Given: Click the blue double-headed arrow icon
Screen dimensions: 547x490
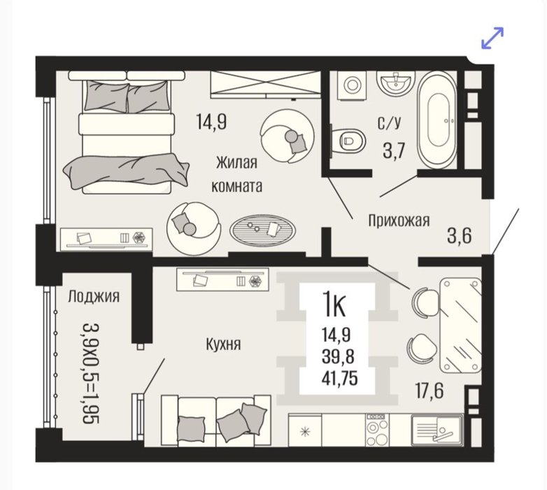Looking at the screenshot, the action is pos(492,38).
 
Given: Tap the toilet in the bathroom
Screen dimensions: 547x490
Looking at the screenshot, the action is pos(348,140).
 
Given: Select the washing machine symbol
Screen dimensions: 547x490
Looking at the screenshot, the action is pos(352,85).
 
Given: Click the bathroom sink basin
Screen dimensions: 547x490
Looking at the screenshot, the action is pos(396,82).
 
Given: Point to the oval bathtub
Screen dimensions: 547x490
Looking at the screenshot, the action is pos(437,120).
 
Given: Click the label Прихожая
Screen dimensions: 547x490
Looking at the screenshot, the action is pos(399,221).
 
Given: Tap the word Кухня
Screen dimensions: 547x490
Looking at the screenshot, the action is pos(223,344).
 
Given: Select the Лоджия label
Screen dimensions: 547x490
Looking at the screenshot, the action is pos(94,296).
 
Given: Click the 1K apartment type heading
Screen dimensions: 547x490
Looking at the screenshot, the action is pos(334,304).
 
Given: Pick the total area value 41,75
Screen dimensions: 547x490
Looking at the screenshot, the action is pos(339,378).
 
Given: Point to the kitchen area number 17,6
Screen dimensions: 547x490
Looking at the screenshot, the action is pos(429,391).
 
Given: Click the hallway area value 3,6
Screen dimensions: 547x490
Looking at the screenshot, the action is pos(460,236).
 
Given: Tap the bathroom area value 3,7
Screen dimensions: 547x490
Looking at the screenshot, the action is pos(394,151).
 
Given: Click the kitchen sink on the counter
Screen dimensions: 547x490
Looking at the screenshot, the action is pos(437,430).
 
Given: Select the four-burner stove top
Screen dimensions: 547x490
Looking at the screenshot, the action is pos(377,430).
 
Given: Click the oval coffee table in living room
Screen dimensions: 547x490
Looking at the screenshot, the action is pos(262,230).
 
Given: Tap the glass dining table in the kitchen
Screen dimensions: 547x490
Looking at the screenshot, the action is pos(461,325).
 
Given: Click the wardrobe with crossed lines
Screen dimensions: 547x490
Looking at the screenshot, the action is pos(265,84).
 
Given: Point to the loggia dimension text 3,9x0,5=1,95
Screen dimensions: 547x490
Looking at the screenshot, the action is pos(91,374).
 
